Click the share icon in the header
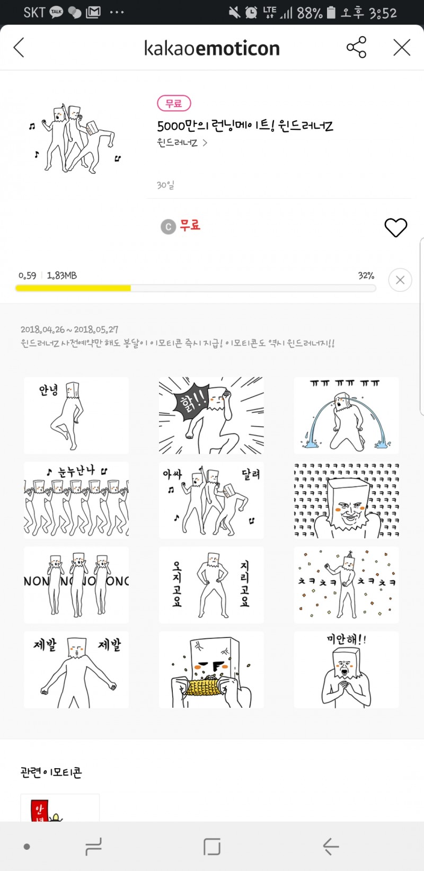356,48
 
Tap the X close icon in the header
401,48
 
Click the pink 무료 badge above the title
174,103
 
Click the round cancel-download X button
400,280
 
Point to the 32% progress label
366,275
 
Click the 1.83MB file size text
62,275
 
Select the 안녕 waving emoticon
76,415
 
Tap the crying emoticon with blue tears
346,415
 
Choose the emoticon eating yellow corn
211,670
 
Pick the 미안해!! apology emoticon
346,670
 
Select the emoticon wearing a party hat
346,585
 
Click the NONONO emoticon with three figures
76,585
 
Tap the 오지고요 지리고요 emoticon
211,585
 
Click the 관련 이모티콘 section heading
51,772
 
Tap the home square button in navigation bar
211,846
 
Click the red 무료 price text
190,225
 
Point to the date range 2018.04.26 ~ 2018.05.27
69,330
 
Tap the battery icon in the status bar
331,12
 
